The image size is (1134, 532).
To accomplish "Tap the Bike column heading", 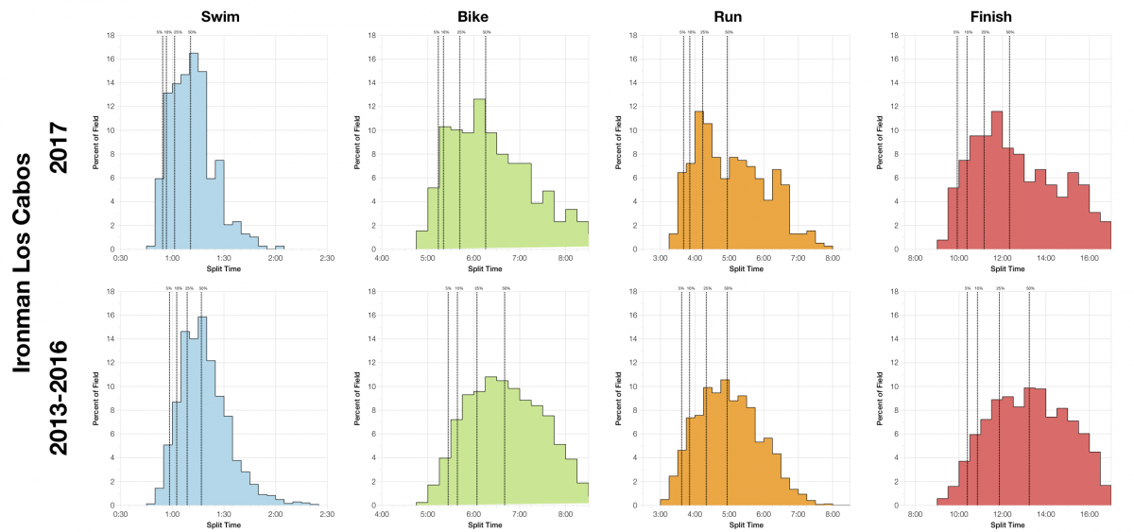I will [485, 15].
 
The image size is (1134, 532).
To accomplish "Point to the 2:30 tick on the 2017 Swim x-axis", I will [327, 257].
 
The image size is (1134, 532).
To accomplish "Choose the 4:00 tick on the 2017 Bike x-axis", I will [382, 257].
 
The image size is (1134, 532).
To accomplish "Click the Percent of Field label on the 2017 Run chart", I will [616, 143].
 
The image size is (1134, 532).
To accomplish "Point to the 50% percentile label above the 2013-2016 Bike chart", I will [505, 288].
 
